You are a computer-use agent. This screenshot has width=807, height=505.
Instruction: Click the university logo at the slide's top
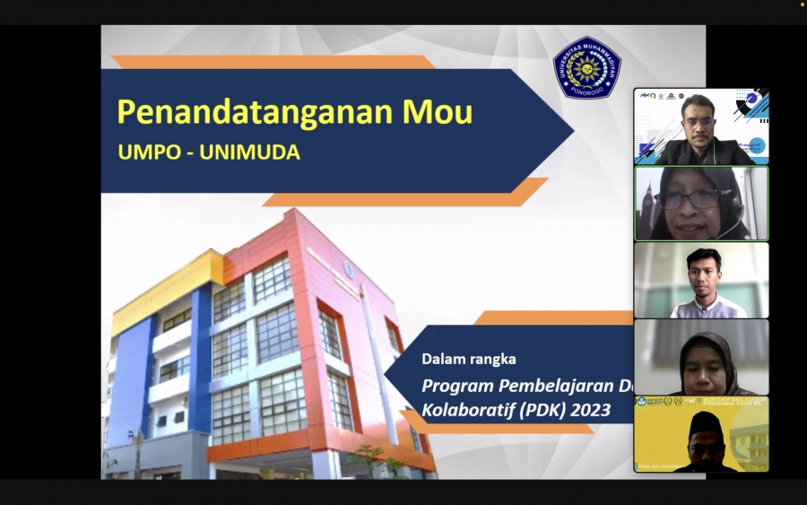point(586,68)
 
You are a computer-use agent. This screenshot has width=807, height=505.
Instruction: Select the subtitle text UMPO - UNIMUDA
point(209,152)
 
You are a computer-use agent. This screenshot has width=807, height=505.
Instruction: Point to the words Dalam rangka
point(469,359)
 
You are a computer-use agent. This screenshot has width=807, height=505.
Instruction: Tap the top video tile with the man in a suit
point(701,126)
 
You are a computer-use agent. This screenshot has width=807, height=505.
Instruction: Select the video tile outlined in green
point(701,204)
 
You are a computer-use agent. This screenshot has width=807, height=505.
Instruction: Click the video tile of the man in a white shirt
point(701,280)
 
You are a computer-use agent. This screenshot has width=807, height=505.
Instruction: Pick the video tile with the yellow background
point(701,434)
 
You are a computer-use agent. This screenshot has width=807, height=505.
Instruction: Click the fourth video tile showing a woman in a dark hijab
point(701,357)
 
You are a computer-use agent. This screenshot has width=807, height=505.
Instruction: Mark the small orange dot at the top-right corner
point(803,4)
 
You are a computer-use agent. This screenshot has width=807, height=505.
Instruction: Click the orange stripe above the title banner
point(269,62)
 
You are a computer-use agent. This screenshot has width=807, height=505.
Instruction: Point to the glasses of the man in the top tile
point(700,121)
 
